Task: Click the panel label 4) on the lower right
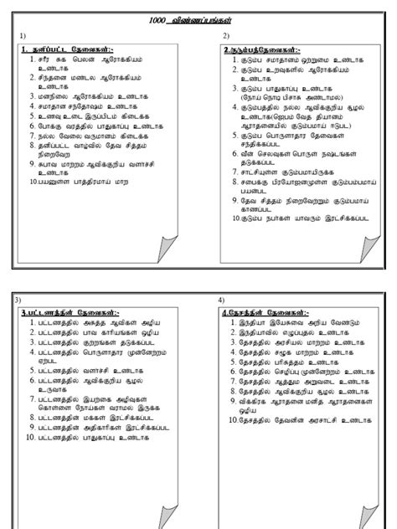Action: [221, 299]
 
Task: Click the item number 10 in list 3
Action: [29, 436]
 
